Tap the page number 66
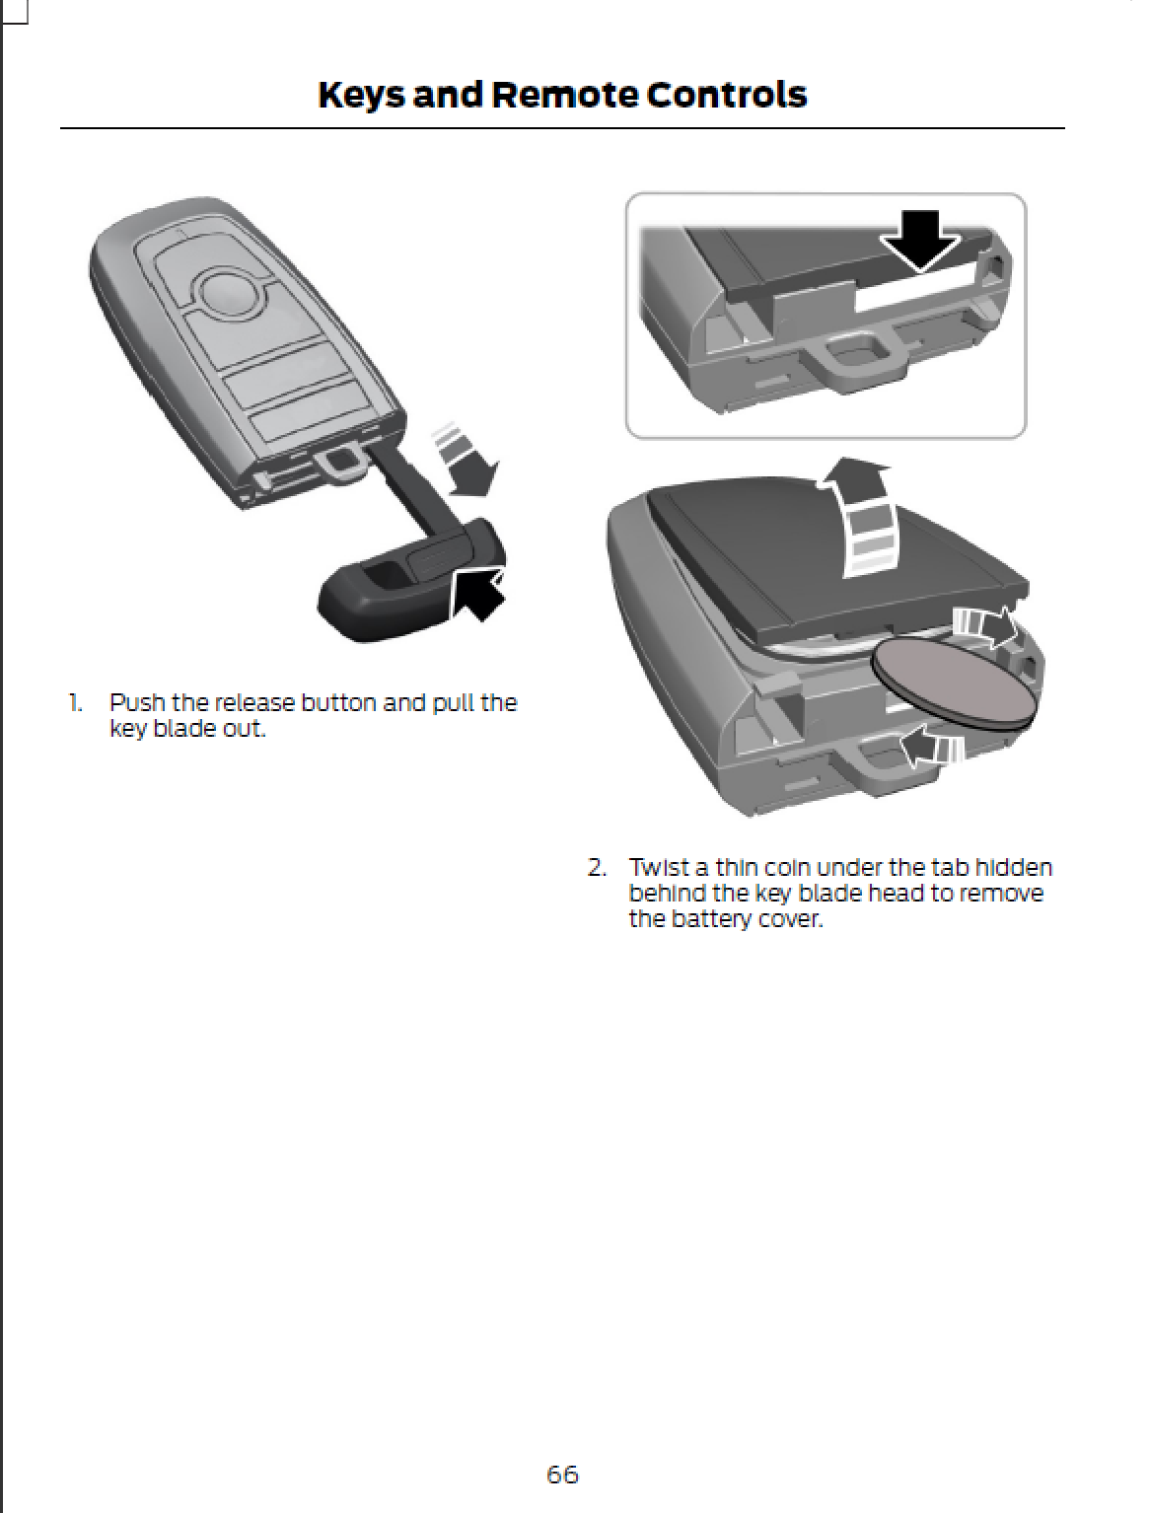562,1475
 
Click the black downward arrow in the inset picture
919,242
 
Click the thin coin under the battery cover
952,683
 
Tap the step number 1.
74,703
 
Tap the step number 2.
596,868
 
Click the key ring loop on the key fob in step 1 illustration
340,462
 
